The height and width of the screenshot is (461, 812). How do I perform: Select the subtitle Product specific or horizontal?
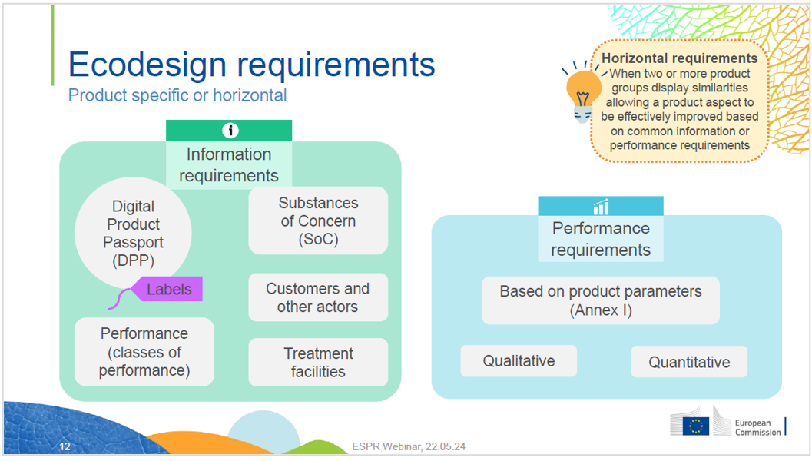pyautogui.click(x=177, y=96)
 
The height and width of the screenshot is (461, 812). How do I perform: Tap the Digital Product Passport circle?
pyautogui.click(x=133, y=234)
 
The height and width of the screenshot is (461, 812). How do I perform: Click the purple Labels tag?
pyautogui.click(x=168, y=290)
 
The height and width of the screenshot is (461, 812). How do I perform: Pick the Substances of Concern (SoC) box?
pyautogui.click(x=318, y=221)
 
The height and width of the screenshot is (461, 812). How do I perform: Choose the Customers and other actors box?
pyautogui.click(x=318, y=297)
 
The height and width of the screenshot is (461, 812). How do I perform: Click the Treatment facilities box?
pyautogui.click(x=318, y=363)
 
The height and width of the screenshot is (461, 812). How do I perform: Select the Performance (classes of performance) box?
pyautogui.click(x=144, y=352)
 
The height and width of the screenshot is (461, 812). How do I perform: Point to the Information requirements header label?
pyautogui.click(x=229, y=164)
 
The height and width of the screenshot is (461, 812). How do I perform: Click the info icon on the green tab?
pyautogui.click(x=229, y=130)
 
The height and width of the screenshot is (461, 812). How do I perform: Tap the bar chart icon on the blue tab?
pyautogui.click(x=601, y=207)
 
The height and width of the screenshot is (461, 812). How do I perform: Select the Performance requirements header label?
pyautogui.click(x=601, y=239)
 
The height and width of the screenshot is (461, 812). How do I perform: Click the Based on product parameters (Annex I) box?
pyautogui.click(x=601, y=301)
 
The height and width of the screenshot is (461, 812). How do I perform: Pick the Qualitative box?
pyautogui.click(x=519, y=361)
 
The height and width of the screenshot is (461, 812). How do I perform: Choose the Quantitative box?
pyautogui.click(x=689, y=362)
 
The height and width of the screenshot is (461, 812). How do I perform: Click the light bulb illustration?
pyautogui.click(x=583, y=94)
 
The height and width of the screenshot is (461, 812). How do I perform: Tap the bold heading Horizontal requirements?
pyautogui.click(x=680, y=58)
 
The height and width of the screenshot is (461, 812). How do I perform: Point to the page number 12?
pyautogui.click(x=65, y=446)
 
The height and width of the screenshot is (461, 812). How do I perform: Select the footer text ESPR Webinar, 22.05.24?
pyautogui.click(x=409, y=446)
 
